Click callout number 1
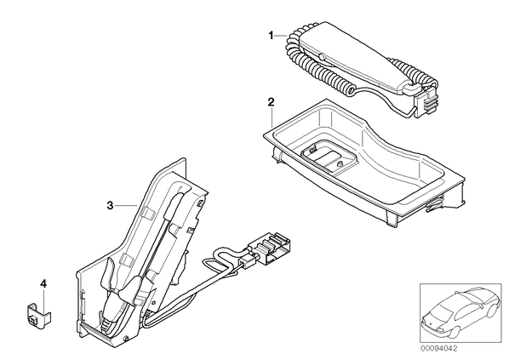point(271,36)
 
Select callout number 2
point(271,102)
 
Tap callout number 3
point(111,205)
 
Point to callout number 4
point(43,284)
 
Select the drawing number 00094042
point(438,349)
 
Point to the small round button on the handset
point(322,56)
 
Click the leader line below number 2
point(271,117)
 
